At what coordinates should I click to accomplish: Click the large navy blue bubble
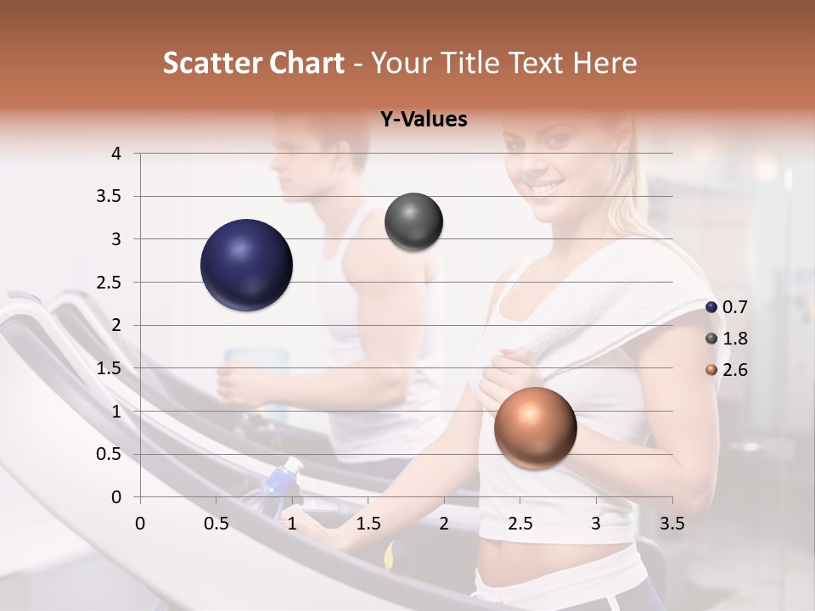[x=246, y=265]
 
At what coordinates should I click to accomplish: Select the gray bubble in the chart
[x=413, y=222]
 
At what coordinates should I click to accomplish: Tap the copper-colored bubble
[x=535, y=428]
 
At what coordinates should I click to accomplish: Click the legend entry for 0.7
[x=727, y=307]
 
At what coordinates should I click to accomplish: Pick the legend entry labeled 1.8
[x=727, y=339]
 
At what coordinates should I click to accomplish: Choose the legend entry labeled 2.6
[x=727, y=370]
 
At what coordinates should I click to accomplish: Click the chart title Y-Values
[x=424, y=120]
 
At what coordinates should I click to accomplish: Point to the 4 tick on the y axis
[x=116, y=154]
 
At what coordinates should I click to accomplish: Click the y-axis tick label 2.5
[x=110, y=283]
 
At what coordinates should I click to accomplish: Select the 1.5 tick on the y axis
[x=110, y=368]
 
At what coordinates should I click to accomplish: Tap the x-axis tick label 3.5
[x=672, y=524]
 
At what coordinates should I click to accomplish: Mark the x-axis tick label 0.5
[x=216, y=524]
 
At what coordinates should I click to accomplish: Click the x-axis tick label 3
[x=596, y=524]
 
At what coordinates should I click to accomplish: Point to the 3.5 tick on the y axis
[x=110, y=197]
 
